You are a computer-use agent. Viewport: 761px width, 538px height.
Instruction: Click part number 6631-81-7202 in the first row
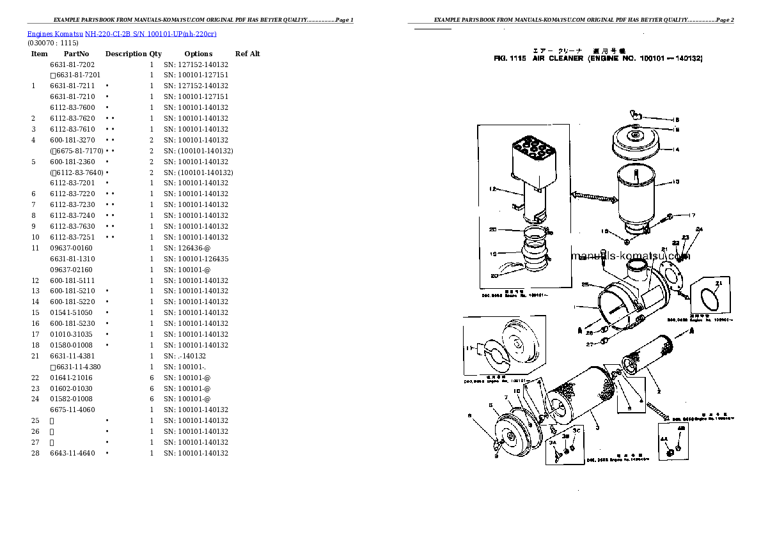coord(72,65)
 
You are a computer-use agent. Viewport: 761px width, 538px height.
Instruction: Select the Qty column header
coord(155,54)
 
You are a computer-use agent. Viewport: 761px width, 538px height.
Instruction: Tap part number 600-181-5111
coord(72,281)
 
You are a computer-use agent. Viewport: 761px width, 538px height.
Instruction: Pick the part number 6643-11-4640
coord(72,453)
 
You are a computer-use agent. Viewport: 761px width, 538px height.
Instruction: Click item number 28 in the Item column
coord(35,453)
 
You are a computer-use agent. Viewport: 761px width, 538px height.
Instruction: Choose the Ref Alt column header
coord(247,54)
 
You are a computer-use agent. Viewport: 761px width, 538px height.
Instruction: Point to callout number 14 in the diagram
coord(676,150)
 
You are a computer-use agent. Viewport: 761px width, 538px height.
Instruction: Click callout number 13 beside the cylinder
coord(676,182)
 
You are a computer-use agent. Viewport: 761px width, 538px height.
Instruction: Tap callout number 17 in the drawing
coord(692,215)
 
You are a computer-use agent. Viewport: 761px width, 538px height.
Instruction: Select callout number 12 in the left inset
coord(492,189)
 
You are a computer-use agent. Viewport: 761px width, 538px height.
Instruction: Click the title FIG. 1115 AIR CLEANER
coord(598,58)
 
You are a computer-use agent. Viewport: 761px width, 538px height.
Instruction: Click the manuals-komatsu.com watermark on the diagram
coord(630,256)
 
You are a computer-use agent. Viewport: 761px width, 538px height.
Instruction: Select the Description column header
coord(126,54)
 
